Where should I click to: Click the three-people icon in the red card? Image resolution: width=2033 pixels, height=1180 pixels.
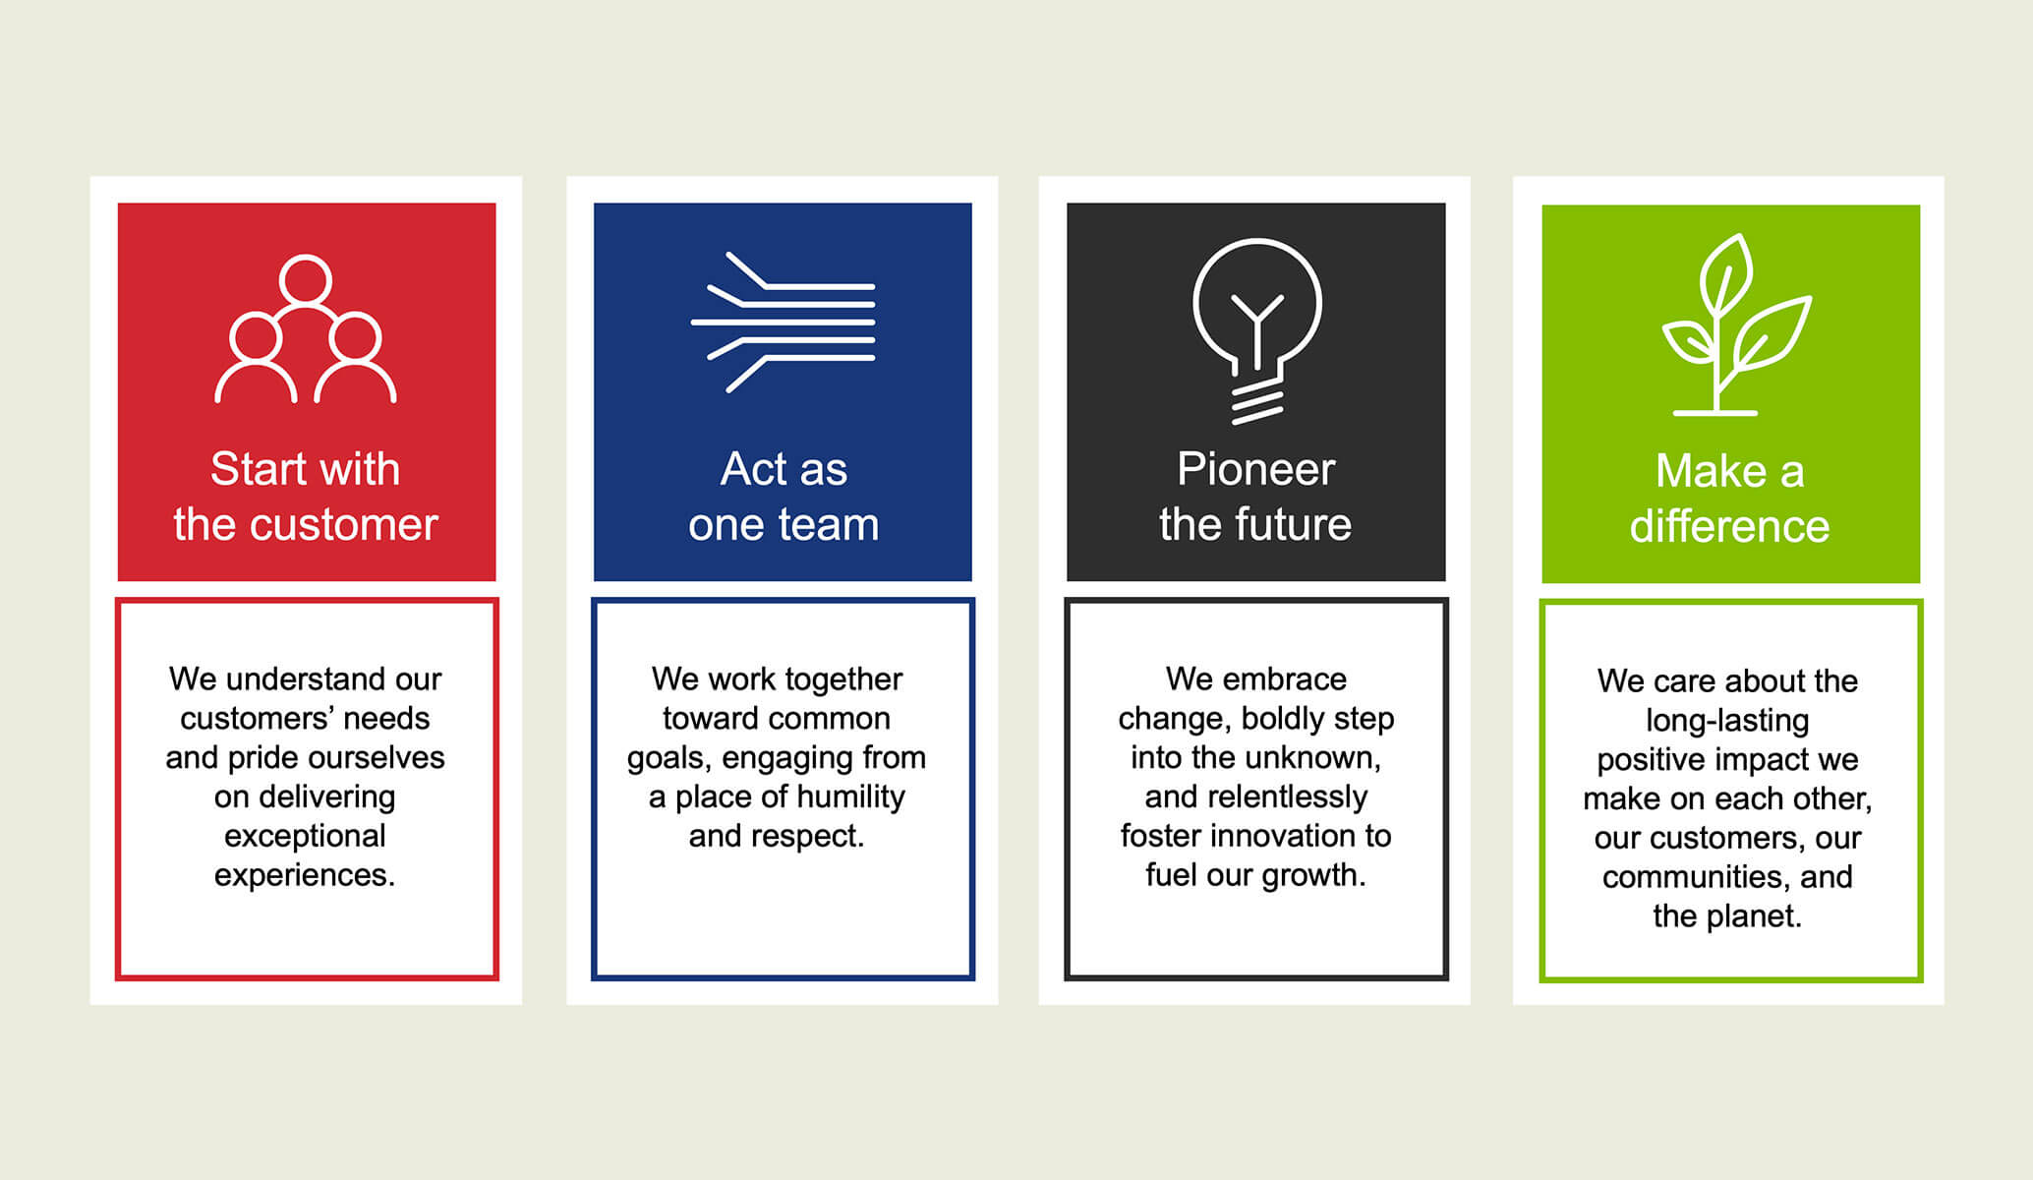(306, 329)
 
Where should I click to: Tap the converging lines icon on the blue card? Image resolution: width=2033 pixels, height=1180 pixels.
(784, 323)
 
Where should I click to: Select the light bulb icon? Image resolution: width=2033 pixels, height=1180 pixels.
(1256, 329)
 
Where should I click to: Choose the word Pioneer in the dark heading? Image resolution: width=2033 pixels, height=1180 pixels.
(1255, 469)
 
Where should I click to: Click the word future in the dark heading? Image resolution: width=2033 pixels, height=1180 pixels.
(1296, 524)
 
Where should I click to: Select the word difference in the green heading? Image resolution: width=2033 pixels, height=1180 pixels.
(1729, 526)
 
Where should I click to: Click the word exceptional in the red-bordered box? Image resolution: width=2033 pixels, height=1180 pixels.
(305, 836)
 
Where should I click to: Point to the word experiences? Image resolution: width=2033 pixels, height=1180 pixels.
(305, 875)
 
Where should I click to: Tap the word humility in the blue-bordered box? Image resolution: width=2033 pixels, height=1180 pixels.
(851, 796)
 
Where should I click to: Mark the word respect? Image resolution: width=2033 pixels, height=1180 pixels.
(812, 836)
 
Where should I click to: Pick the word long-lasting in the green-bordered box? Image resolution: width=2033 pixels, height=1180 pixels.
(1727, 721)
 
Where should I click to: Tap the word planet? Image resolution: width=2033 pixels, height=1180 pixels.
(1757, 916)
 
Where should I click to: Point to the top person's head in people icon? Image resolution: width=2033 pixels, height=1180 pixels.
(305, 279)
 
